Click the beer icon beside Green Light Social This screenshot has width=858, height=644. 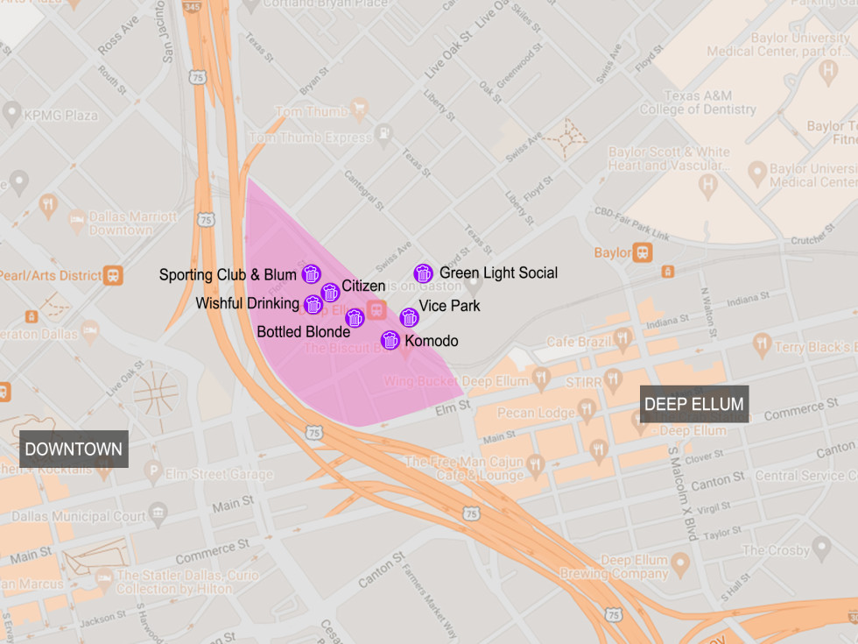(x=424, y=273)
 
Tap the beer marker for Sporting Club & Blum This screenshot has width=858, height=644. (x=311, y=274)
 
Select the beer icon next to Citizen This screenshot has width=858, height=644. (x=330, y=292)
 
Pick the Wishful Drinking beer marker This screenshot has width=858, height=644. (x=313, y=304)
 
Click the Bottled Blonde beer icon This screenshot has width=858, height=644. (x=355, y=318)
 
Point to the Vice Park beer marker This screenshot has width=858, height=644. (x=409, y=317)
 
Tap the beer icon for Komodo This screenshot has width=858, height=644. (x=390, y=340)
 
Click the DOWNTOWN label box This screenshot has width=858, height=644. (x=74, y=449)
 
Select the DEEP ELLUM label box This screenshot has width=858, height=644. (x=693, y=404)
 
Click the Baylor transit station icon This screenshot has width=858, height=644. (x=643, y=252)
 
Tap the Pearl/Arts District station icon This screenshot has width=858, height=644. (x=113, y=274)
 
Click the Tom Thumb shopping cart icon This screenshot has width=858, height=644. (x=357, y=110)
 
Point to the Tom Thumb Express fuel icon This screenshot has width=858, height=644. (x=383, y=136)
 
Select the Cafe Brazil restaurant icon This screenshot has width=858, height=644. (x=622, y=339)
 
